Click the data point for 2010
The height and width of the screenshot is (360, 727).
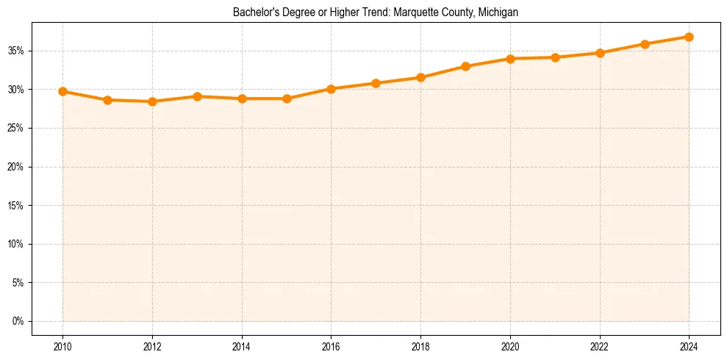(x=62, y=92)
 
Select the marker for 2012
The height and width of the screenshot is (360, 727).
(x=152, y=101)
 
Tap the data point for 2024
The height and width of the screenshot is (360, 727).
(x=689, y=37)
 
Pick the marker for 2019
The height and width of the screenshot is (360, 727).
(x=465, y=66)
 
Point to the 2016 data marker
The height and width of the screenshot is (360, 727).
(x=331, y=89)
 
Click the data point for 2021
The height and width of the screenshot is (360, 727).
(x=555, y=57)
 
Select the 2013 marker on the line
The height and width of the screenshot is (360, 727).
(x=197, y=96)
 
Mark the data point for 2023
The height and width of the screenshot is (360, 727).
(x=645, y=44)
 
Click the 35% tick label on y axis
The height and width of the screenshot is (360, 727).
(x=15, y=51)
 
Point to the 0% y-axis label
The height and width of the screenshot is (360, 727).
(x=18, y=322)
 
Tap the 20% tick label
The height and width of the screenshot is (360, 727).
(x=15, y=168)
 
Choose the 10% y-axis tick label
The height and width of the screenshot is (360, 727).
(x=15, y=245)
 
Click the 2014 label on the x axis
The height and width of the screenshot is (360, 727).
(x=242, y=346)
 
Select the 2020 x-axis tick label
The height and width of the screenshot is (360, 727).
(x=510, y=346)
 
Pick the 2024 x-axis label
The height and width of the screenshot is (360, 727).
(x=689, y=346)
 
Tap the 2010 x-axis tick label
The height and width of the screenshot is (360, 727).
(x=62, y=346)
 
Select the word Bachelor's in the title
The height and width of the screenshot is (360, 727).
(x=253, y=12)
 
